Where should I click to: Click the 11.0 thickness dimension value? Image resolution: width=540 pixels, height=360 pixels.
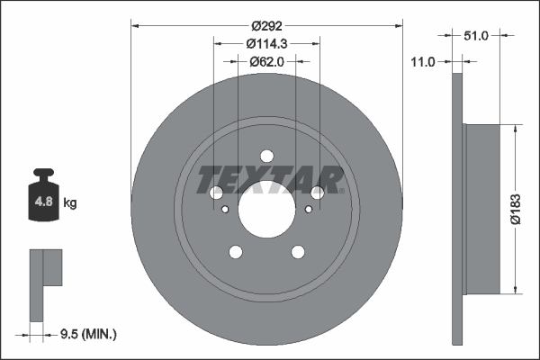422,61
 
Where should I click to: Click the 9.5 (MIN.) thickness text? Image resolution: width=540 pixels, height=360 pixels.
86,334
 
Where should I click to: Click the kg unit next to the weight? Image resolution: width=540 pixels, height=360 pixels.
70,203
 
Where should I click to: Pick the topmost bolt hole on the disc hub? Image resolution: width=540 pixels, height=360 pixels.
266,155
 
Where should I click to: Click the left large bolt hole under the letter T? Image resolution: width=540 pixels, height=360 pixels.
216,193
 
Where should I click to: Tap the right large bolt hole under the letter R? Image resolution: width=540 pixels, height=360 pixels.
317,193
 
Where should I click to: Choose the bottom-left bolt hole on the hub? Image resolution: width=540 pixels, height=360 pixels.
236,252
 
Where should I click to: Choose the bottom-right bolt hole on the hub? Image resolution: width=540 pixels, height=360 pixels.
298,252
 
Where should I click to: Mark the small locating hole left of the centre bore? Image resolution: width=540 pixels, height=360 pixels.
224,210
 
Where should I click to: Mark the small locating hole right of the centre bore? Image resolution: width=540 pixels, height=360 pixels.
309,210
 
